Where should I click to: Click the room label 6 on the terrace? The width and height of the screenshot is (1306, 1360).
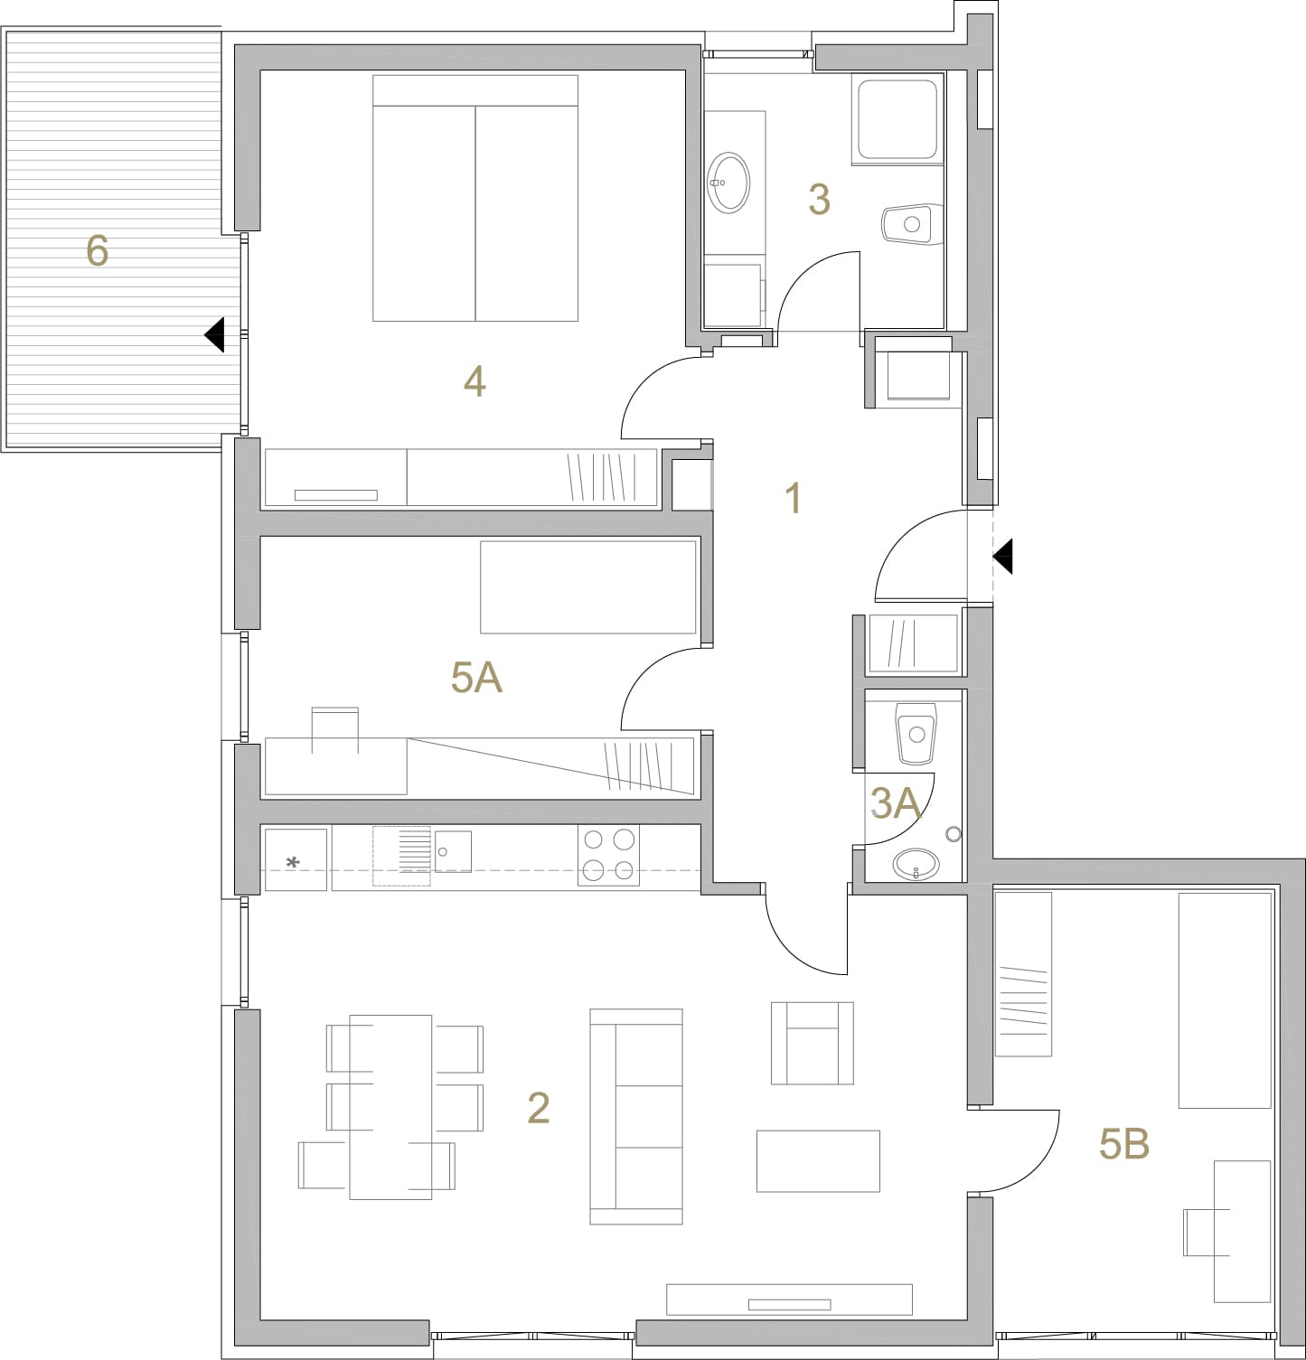coord(97,250)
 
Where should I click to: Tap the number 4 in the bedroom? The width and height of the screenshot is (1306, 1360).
coord(474,381)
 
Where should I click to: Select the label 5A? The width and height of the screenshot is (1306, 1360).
coord(476,677)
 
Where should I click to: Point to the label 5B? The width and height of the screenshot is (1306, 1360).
coord(1124,1144)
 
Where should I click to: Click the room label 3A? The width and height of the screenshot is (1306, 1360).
coord(895,802)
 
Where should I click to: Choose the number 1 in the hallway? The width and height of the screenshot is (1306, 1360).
coord(794,498)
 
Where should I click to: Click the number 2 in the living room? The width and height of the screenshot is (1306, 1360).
coord(539,1108)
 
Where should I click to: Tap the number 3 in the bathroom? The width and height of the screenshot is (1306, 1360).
coord(819,200)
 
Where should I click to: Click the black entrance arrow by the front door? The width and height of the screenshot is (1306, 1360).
coord(1002,556)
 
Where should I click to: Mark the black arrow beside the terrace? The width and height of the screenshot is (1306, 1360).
coord(214,335)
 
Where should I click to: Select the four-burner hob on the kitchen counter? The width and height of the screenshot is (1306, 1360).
coord(608,855)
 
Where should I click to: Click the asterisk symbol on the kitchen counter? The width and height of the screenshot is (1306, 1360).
coord(293,864)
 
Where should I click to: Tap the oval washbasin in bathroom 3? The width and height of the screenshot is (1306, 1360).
coord(728,183)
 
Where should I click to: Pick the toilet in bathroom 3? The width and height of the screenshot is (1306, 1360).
coord(912,223)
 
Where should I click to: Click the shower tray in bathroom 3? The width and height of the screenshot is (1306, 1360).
coord(897,119)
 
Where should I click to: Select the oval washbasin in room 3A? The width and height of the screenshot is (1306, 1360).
coord(916,864)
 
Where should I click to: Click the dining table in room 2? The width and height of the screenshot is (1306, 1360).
coord(390,1107)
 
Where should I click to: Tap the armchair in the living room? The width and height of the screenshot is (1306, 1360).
coord(813,1043)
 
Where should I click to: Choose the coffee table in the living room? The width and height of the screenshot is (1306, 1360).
coord(819,1161)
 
